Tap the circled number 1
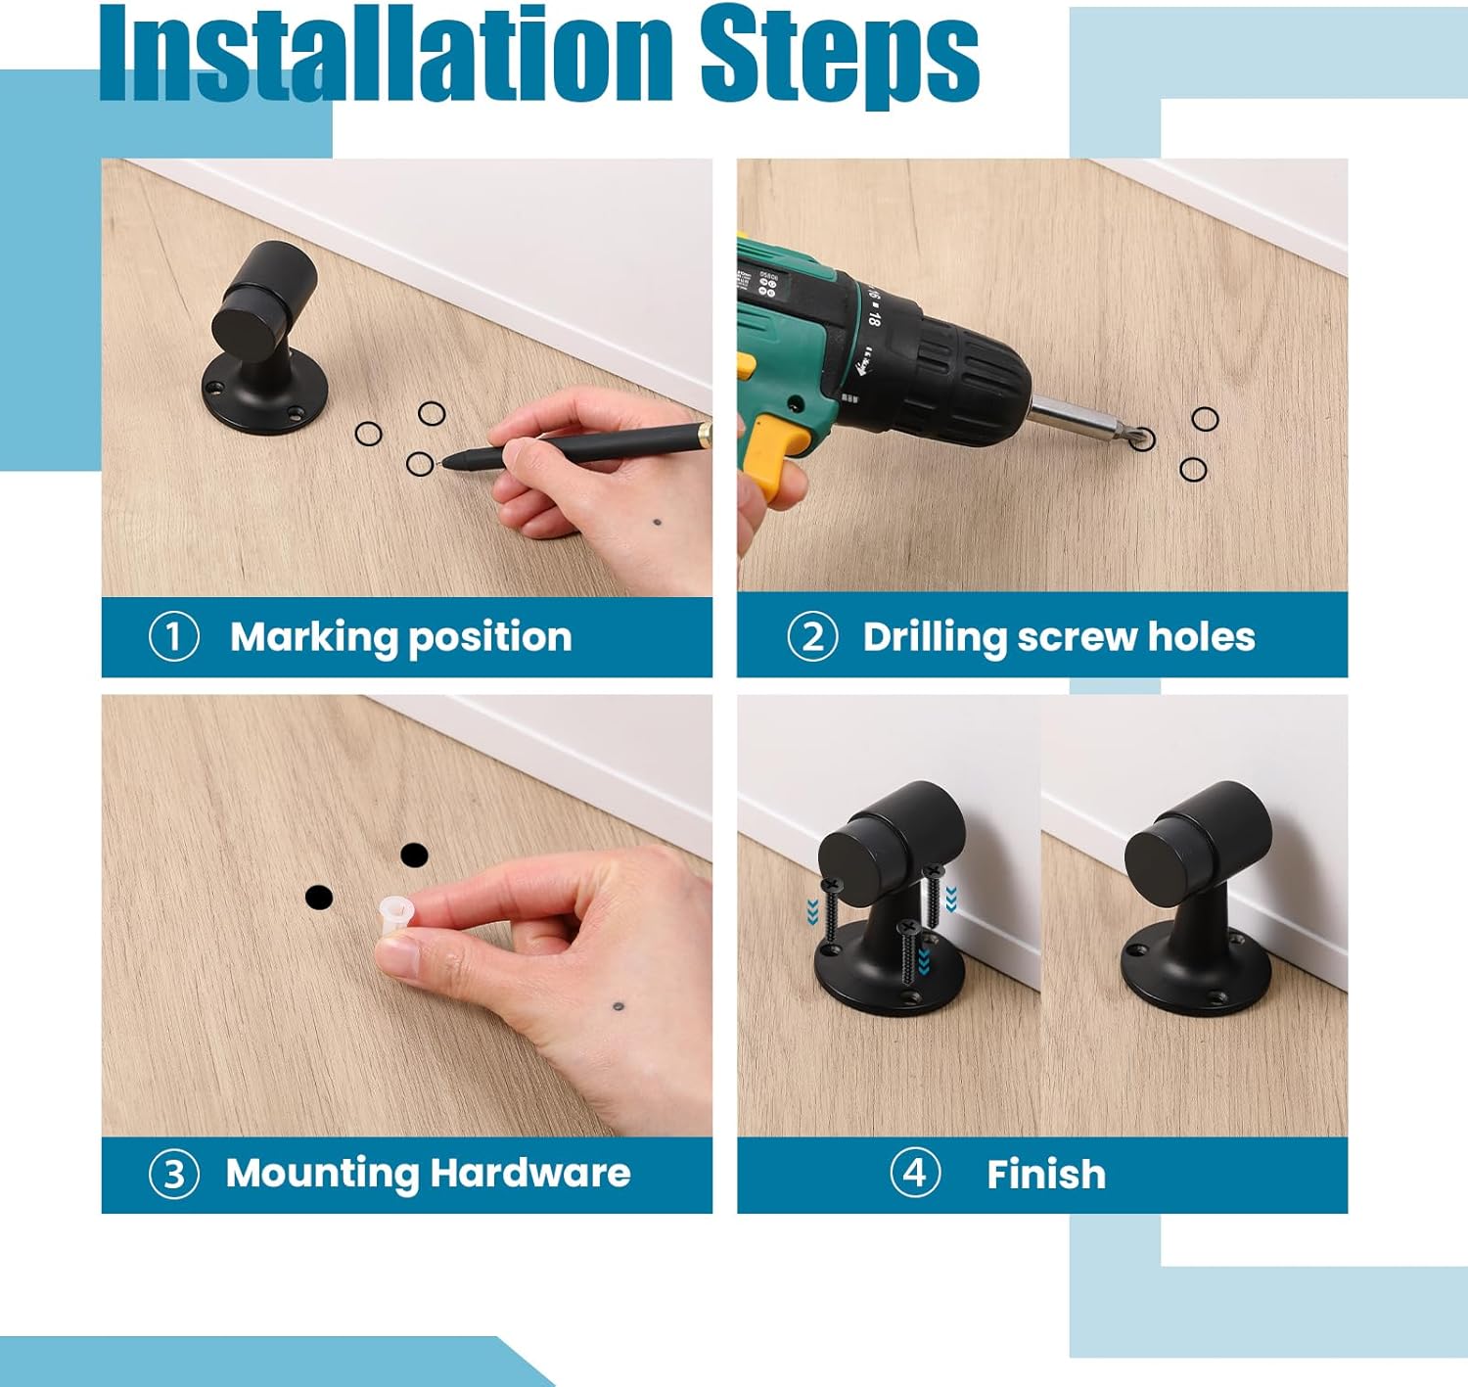(173, 636)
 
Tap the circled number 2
(812, 636)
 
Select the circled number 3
(173, 1173)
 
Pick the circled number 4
(915, 1172)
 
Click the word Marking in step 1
(314, 637)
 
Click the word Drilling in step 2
(934, 637)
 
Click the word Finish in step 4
(1045, 1174)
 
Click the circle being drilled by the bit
(1141, 438)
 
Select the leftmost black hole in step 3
(319, 897)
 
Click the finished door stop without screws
(1194, 901)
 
